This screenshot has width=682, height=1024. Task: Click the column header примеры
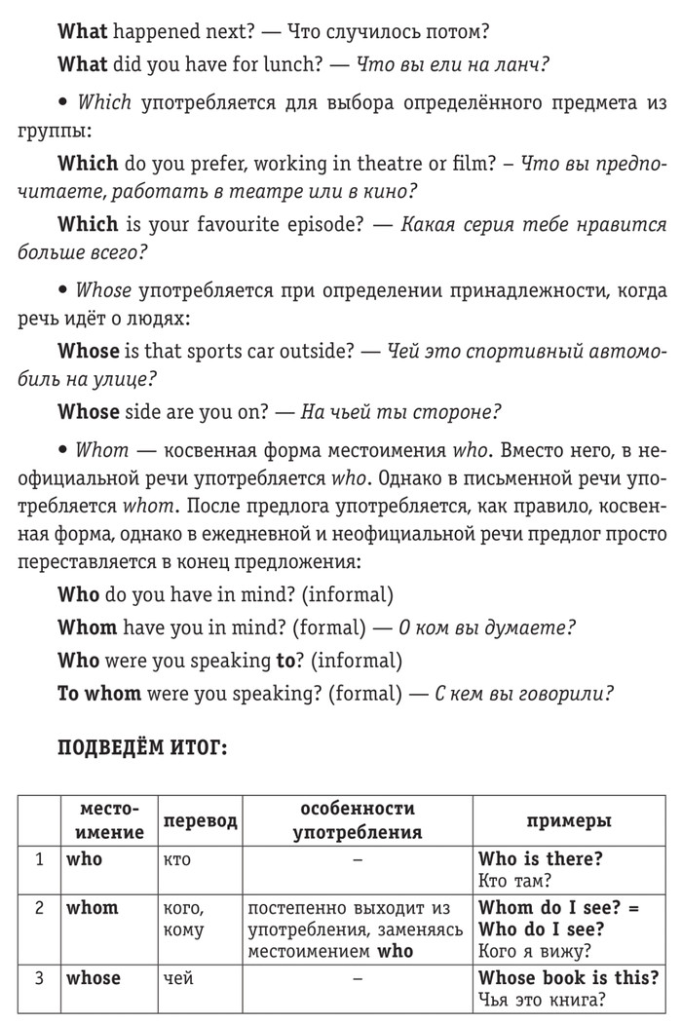click(x=569, y=821)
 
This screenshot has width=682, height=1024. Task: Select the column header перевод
click(x=199, y=821)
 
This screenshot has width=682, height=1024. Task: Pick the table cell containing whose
click(x=94, y=977)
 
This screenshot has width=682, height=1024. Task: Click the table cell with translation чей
click(x=177, y=977)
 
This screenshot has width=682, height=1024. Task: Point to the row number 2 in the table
click(x=40, y=907)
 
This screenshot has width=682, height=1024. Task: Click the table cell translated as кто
click(x=177, y=858)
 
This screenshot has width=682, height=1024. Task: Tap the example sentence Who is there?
click(x=541, y=858)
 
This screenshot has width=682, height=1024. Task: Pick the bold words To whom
click(x=99, y=694)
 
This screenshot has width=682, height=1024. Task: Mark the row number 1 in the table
click(x=40, y=858)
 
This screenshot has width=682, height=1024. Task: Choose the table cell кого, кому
click(x=183, y=918)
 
